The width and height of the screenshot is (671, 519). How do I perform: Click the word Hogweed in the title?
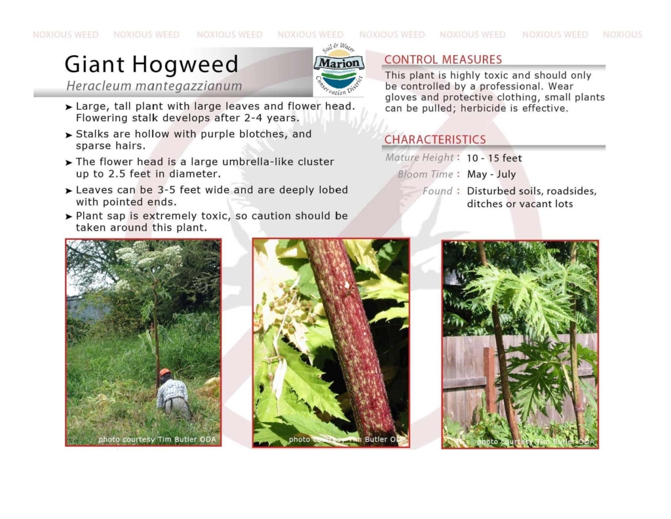[185, 65]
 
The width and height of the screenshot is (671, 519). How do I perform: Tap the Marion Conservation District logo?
[339, 69]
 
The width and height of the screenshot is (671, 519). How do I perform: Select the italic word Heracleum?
[99, 86]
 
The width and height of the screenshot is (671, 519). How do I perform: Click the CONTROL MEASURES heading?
[443, 60]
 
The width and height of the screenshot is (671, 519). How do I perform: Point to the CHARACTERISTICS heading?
[435, 140]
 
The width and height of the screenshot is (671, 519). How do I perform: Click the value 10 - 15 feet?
[494, 159]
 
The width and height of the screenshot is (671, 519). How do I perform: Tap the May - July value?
[491, 174]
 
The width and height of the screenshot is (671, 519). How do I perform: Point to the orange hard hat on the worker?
[164, 372]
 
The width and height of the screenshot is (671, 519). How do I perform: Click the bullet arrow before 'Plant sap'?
[68, 216]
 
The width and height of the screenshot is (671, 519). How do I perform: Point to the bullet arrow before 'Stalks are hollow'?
[68, 135]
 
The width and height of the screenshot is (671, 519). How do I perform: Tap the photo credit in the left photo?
[157, 440]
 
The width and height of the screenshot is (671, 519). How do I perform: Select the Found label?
[437, 191]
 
